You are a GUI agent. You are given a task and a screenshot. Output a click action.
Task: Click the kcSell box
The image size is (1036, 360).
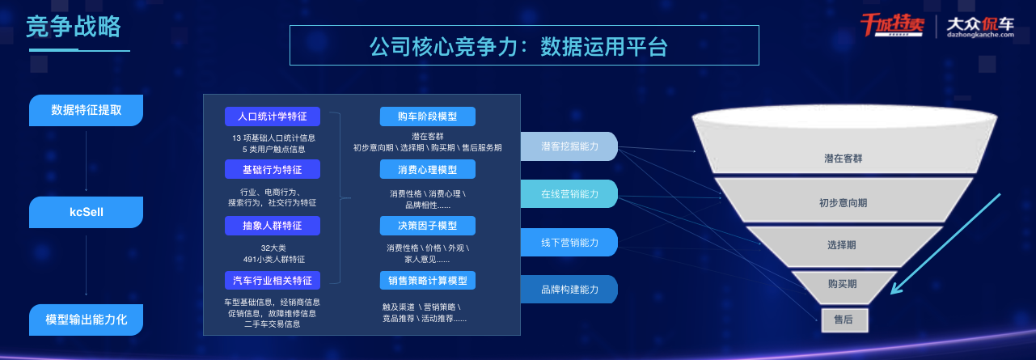coord(86,212)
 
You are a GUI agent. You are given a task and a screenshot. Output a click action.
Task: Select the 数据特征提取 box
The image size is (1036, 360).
coord(86,110)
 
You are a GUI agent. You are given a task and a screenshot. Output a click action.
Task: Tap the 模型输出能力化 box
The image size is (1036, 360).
coord(86,320)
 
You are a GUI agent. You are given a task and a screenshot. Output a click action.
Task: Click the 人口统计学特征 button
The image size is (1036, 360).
coord(273,116)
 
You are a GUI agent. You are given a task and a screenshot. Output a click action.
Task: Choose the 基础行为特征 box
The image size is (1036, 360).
coord(273,169)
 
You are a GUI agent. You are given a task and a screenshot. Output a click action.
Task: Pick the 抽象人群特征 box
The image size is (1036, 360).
coord(273,226)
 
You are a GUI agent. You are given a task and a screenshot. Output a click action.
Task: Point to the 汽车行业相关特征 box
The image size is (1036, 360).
coord(273,281)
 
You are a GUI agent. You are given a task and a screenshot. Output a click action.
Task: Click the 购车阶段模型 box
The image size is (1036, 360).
coord(427,116)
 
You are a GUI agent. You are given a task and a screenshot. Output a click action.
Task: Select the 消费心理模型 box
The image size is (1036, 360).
coord(427,169)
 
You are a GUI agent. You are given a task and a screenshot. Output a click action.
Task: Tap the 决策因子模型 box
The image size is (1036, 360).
coord(427,226)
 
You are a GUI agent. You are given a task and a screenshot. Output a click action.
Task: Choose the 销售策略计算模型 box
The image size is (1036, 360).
coord(427,281)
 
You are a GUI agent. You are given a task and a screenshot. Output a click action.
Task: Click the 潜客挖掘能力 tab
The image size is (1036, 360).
coord(569,146)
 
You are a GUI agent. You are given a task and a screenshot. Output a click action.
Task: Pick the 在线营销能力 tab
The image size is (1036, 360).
coord(569,194)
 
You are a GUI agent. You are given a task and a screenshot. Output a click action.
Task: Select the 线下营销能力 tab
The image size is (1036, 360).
coord(569,243)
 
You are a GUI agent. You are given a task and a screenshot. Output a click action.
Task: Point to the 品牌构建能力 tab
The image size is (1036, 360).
coord(569,290)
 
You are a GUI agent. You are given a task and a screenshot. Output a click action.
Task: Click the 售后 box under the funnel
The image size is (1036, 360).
coord(844,320)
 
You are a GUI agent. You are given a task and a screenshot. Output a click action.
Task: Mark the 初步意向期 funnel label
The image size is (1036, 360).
coord(844,203)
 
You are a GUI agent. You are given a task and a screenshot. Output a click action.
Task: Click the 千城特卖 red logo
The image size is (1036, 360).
coord(892,25)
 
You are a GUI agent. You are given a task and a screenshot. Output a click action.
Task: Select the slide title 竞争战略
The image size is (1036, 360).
coord(74,27)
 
